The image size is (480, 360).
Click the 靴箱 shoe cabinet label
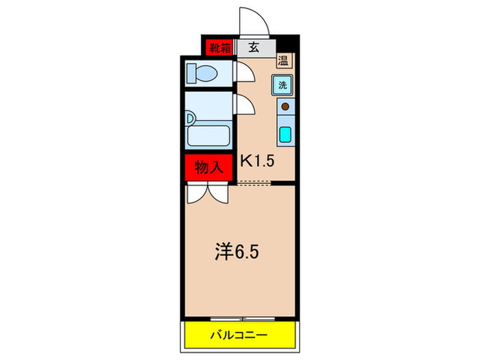coord(220,47)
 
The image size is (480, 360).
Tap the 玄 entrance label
coord(253,47)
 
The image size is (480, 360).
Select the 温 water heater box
coord(283,60)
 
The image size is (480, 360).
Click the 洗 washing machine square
coord(283,85)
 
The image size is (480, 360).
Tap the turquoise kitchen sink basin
coord(285,133)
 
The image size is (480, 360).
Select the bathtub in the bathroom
coord(208,135)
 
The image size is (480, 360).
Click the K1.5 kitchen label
coord(258,161)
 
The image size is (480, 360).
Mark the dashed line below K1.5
coord(255,183)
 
